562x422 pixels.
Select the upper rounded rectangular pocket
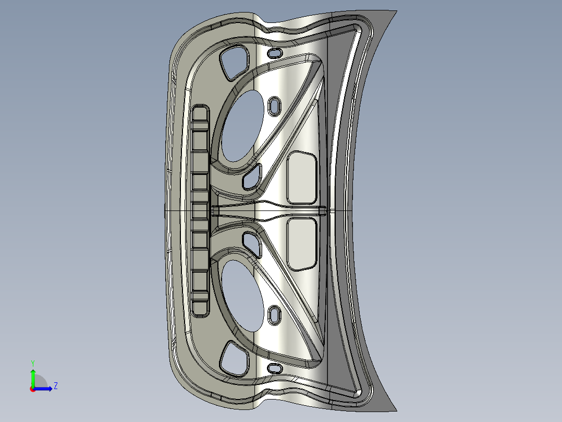[302, 177]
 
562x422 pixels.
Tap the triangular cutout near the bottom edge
[233, 360]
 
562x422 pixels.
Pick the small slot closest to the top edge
[274, 53]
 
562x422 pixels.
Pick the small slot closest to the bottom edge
[274, 368]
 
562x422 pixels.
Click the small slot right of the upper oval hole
[274, 105]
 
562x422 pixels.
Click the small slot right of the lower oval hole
[274, 315]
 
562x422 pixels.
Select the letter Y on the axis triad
[32, 362]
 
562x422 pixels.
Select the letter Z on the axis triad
[55, 386]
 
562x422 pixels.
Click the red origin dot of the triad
[32, 389]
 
